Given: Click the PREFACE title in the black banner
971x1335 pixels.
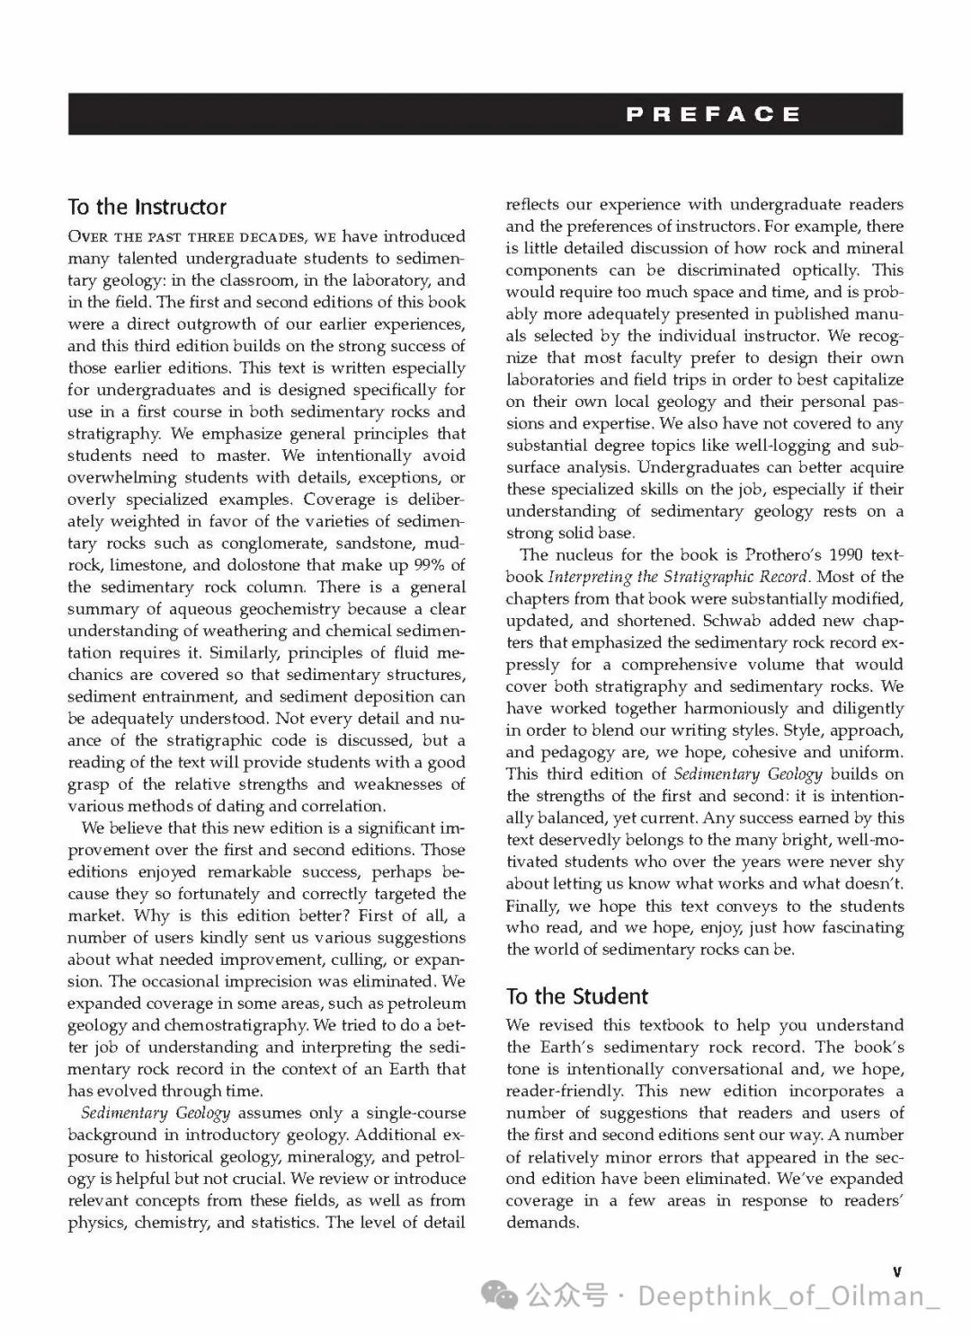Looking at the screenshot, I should pos(713,114).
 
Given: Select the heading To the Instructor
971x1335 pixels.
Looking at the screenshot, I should pos(147,207).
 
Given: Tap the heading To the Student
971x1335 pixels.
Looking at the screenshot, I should pos(576,996).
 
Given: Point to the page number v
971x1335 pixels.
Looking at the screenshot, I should pos(896,1271).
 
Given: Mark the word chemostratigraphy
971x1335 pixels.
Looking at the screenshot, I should pos(224,1025).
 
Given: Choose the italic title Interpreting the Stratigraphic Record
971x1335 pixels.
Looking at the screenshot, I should pos(679,577).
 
